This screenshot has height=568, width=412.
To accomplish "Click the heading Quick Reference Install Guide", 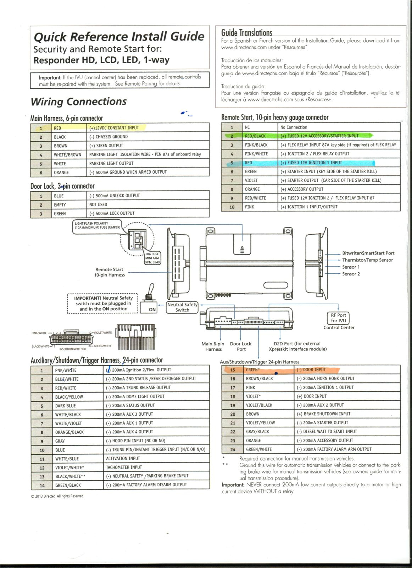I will [119, 37].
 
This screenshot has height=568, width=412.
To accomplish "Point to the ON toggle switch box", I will [152, 309].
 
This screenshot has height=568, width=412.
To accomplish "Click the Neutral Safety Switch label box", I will [182, 307].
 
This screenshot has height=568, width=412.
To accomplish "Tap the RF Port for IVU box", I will [338, 318].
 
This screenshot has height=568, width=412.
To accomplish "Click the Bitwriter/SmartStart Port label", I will [368, 253].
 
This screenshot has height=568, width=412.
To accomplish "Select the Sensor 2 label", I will [351, 274].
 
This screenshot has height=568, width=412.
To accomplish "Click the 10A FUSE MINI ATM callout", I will [152, 258].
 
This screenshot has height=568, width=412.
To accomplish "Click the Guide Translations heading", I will [246, 33].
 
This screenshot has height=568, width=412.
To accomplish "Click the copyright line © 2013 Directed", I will [57, 496].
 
